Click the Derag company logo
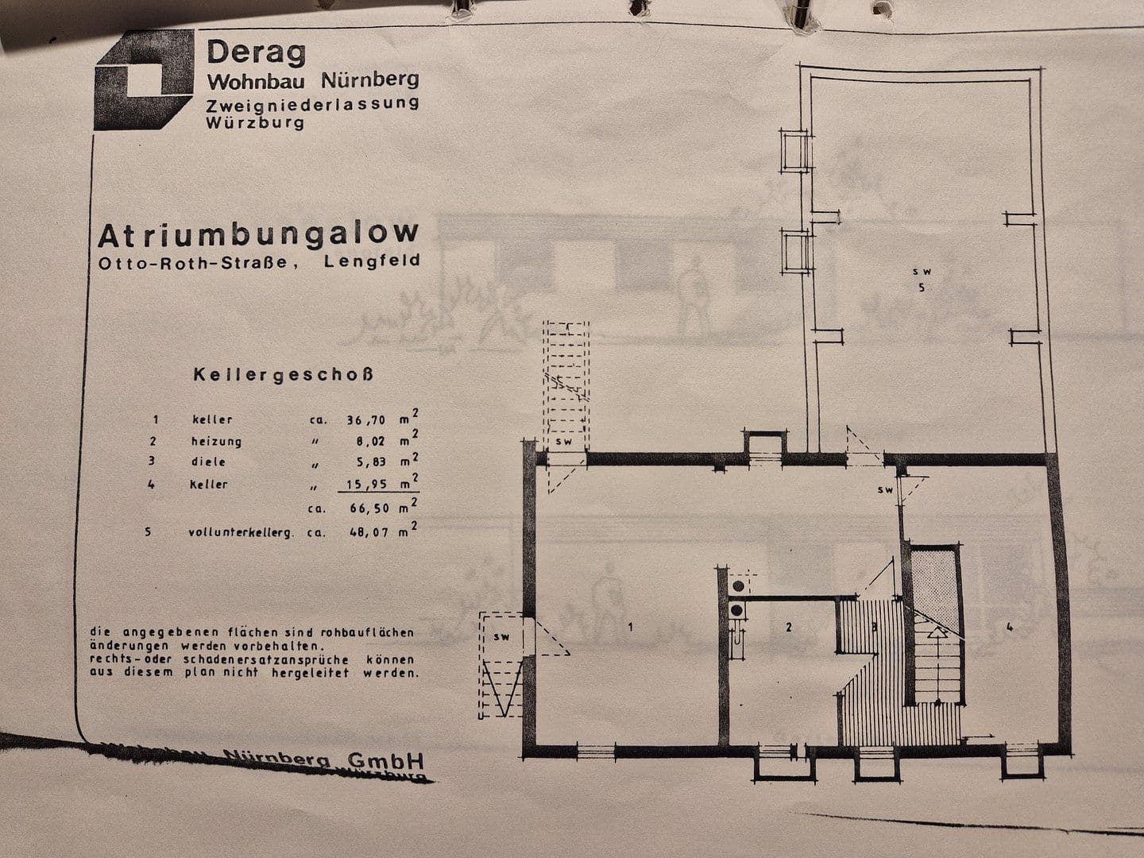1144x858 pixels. click(144, 80)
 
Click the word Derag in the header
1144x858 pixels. click(256, 53)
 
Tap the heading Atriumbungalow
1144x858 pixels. click(257, 235)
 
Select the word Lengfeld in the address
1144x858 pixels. click(372, 263)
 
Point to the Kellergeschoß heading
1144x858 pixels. click(284, 373)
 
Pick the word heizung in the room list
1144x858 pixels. click(216, 441)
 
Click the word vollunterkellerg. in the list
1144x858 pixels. click(241, 532)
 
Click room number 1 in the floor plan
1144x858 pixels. click(630, 628)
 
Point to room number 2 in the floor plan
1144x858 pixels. click(788, 628)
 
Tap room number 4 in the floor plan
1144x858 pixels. click(1009, 628)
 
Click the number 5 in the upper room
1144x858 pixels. click(922, 288)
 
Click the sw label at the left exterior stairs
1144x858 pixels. click(500, 637)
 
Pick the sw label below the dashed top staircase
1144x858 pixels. click(563, 442)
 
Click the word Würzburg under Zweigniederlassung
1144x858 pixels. click(254, 123)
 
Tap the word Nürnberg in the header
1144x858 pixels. click(369, 80)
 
